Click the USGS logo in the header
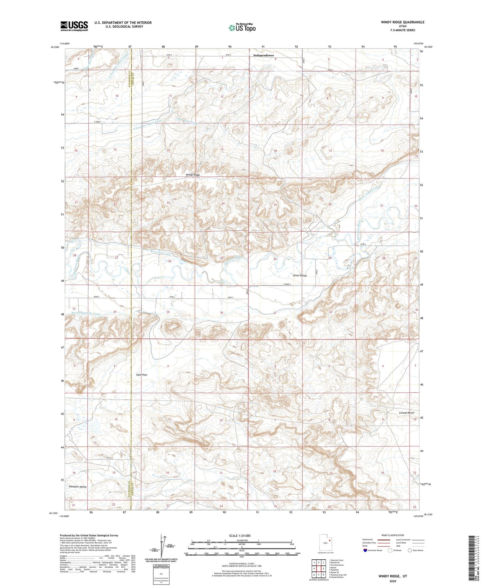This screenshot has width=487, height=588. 74,26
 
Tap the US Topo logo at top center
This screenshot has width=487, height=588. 242,28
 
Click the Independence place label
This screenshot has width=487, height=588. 264,55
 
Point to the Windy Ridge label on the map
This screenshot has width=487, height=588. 193,175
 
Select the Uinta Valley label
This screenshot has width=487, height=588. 300,275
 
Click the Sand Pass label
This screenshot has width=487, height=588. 142,374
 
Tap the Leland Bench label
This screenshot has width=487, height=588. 406,413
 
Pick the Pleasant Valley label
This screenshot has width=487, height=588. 78,487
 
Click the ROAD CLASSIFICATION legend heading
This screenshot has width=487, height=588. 393,535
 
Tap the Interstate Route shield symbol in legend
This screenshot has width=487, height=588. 365,550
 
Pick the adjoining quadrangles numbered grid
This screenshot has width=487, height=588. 318,569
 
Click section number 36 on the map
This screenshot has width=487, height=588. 221,313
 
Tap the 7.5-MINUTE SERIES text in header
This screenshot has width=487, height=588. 403,30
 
